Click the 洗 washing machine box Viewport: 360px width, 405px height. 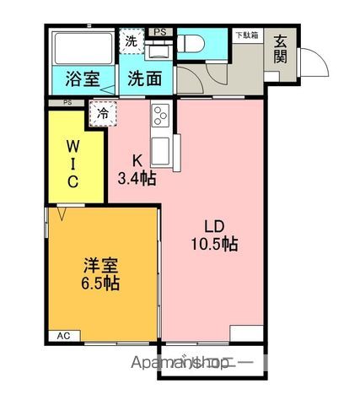tap(132, 40)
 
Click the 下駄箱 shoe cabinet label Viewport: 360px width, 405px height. tap(247, 35)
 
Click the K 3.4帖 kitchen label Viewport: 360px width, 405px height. tap(136, 169)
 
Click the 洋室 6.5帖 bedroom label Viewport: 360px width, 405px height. tap(100, 273)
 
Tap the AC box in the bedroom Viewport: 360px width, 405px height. tap(63, 336)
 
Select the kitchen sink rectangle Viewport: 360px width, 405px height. tap(163, 150)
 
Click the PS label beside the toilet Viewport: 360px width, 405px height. tap(160, 32)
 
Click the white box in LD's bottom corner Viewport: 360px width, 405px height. tap(245, 332)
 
